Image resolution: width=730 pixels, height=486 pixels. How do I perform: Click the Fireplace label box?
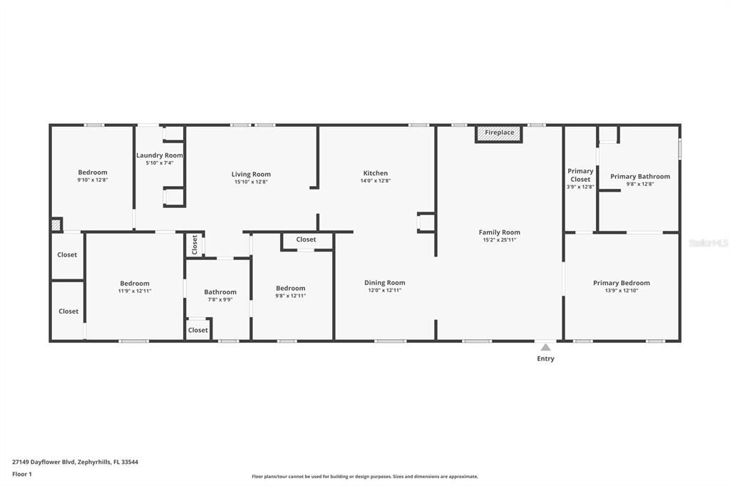pyautogui.click(x=499, y=133)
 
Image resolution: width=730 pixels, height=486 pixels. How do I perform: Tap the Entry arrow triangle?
pyautogui.click(x=545, y=347)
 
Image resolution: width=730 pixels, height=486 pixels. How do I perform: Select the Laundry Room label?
pyautogui.click(x=159, y=155)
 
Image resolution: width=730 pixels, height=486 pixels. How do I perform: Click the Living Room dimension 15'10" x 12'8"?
pyautogui.click(x=251, y=182)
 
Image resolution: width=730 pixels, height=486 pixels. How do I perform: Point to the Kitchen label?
pyautogui.click(x=375, y=172)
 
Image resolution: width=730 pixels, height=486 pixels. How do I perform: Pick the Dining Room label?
pyautogui.click(x=384, y=283)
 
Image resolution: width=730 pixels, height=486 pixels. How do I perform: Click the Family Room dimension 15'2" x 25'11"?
pyautogui.click(x=500, y=240)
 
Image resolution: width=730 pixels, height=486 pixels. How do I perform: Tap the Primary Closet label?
pyautogui.click(x=580, y=175)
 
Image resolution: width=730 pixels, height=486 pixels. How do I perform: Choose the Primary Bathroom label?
pyautogui.click(x=640, y=177)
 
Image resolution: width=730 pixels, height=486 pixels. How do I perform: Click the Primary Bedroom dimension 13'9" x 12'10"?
pyautogui.click(x=622, y=291)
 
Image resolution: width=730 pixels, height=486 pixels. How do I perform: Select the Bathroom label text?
pyautogui.click(x=220, y=292)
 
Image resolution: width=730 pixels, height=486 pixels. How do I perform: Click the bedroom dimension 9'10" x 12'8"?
pyautogui.click(x=93, y=180)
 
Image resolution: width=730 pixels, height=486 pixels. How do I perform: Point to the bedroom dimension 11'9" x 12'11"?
pyautogui.click(x=135, y=291)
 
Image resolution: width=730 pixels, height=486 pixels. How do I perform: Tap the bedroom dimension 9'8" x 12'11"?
pyautogui.click(x=291, y=296)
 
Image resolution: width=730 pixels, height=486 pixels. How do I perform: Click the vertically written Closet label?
pyautogui.click(x=195, y=245)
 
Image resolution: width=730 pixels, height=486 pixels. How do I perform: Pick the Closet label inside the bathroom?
pyautogui.click(x=198, y=330)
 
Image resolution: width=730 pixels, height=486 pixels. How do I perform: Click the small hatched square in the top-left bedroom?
pyautogui.click(x=56, y=225)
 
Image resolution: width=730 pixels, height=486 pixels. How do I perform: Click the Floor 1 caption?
pyautogui.click(x=22, y=475)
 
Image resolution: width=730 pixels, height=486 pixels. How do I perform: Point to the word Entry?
pyautogui.click(x=545, y=358)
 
